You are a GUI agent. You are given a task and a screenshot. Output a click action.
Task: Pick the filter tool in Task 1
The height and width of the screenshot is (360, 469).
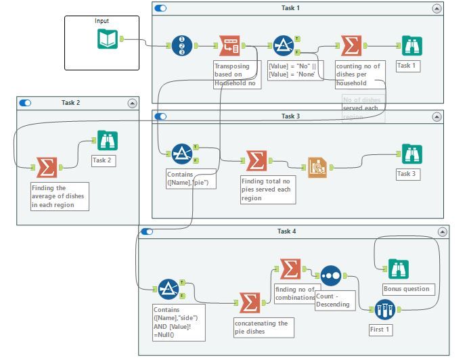pos(283,47)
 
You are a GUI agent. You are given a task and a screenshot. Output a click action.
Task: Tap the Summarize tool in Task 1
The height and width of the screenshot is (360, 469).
pos(351,47)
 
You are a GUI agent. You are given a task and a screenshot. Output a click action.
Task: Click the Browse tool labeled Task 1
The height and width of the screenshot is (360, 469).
pos(410,46)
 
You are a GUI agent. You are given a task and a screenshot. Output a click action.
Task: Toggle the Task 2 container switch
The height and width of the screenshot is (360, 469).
pos(26,103)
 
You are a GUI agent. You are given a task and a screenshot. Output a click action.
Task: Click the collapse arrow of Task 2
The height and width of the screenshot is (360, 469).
pos(132,103)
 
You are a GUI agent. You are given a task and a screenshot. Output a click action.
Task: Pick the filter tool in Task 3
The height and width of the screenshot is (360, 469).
pos(181,154)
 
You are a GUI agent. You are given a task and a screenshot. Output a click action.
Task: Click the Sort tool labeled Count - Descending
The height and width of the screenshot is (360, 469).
pos(331,275)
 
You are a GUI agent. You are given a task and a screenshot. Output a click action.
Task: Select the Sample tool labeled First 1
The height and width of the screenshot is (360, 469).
pos(385,309)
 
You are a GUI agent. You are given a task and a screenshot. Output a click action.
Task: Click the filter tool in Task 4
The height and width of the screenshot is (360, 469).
pos(168,290)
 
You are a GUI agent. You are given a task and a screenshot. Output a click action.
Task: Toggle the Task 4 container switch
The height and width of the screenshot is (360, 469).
pos(148,231)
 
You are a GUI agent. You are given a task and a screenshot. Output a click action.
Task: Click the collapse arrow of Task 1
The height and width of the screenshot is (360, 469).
pos(437,8)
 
